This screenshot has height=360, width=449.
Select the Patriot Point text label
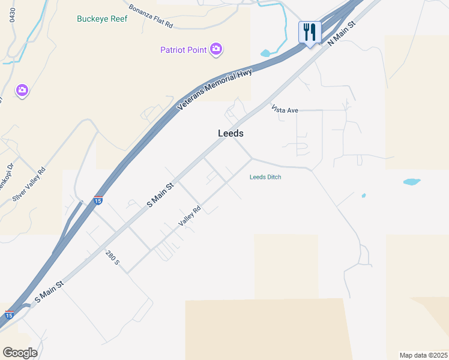pos(183,50)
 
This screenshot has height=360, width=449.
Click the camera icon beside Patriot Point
pos(216,50)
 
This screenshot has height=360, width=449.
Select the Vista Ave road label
pos(285,110)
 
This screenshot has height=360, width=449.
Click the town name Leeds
pos(231,134)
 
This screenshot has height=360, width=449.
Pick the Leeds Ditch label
pos(265,177)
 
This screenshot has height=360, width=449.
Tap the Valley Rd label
pos(189,217)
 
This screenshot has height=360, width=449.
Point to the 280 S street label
pos(113,258)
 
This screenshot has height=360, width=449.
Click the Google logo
pos(20,353)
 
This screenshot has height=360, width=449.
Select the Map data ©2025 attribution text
pos(423,355)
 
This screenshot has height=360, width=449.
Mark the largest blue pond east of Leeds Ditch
pos(411,181)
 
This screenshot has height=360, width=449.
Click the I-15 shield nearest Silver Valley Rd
pos(98,201)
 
